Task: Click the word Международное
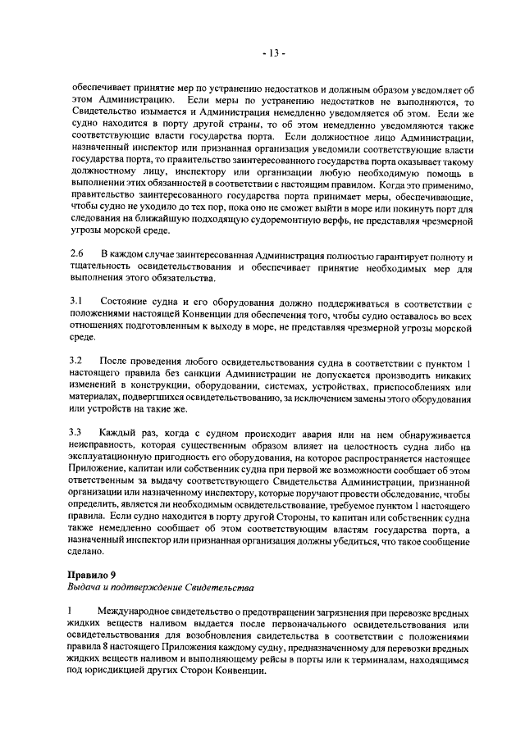tap(139, 613)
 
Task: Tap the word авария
tap(280, 431)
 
